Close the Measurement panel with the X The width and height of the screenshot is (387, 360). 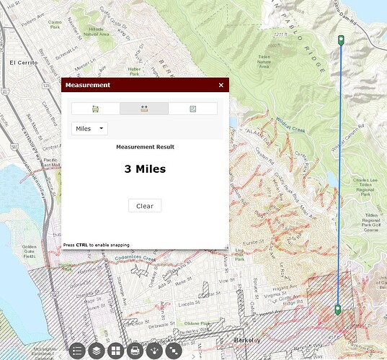(221, 85)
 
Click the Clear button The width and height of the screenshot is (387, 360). (145, 206)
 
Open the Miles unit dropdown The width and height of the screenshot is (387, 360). (90, 128)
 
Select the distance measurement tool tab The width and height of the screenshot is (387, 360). (144, 109)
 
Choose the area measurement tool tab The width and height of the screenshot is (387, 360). (95, 109)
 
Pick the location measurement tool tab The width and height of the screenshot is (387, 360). (192, 109)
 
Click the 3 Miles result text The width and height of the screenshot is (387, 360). (145, 170)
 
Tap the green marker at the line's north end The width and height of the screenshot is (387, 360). (341, 40)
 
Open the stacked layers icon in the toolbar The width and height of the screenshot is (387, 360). (96, 351)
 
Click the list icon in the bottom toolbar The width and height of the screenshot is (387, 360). (77, 351)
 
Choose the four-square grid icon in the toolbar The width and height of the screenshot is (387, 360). (115, 351)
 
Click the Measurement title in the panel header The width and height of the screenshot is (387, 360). (88, 85)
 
